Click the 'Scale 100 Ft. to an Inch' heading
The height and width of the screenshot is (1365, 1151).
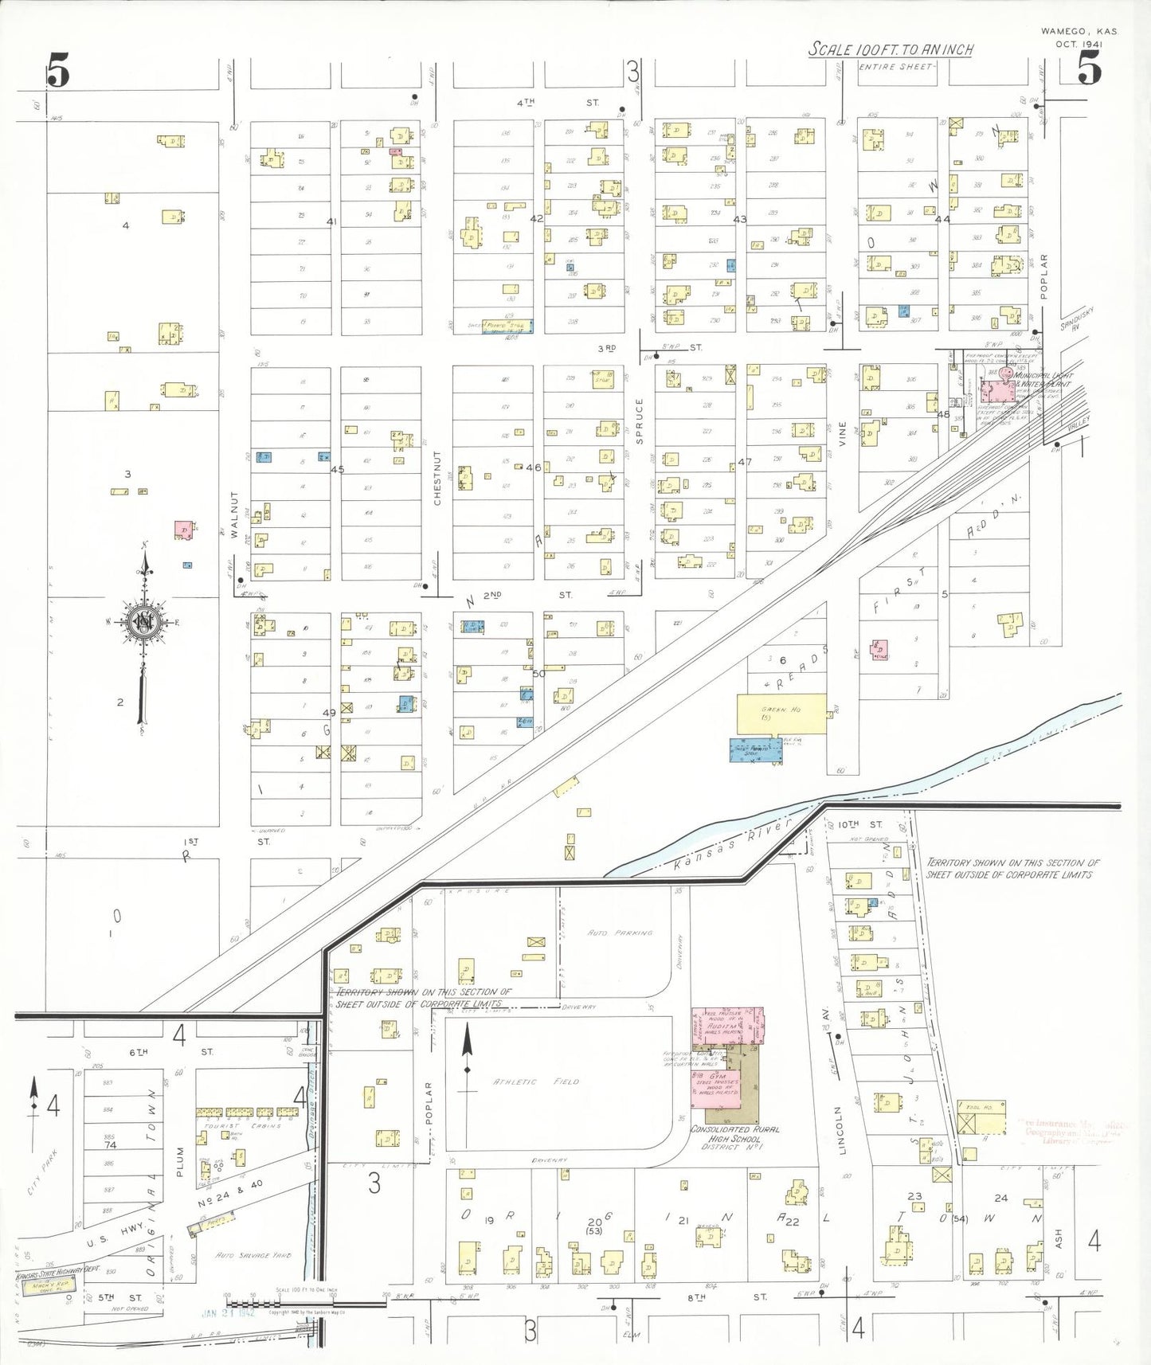click(891, 49)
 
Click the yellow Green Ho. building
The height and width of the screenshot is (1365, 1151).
click(781, 714)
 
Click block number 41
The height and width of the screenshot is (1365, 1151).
click(332, 221)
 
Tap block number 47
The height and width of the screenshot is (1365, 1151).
click(744, 461)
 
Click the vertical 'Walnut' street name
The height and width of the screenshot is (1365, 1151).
click(235, 514)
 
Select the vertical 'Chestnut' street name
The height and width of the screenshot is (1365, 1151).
click(437, 478)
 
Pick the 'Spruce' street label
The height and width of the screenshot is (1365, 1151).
click(639, 420)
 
